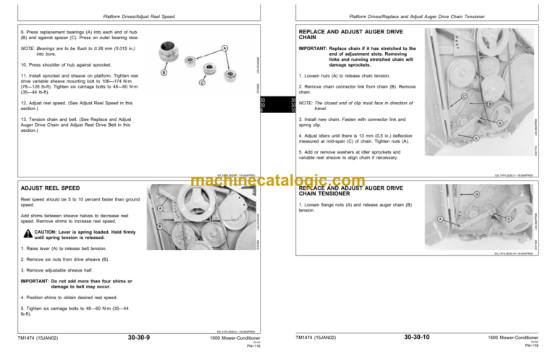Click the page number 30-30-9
point(139,337)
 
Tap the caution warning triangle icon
point(27,233)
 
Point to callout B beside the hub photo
point(165,72)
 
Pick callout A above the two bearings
point(225,49)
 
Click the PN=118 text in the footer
point(253,346)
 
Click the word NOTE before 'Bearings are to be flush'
point(28,49)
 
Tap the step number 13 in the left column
point(24,120)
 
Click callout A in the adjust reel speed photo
point(159,209)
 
